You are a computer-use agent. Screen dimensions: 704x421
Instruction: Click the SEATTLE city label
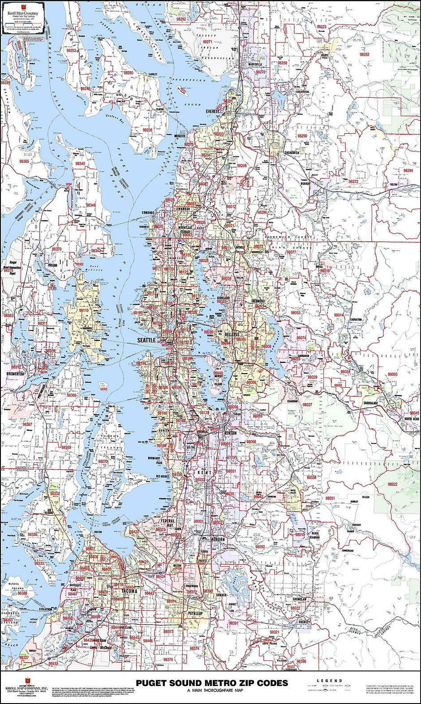[146, 340]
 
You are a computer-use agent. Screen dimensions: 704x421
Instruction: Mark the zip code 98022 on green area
[393, 484]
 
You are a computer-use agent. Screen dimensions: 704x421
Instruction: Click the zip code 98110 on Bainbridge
[84, 310]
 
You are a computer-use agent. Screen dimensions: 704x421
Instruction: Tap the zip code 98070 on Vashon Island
[103, 461]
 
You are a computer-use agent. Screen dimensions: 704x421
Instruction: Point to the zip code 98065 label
[392, 374]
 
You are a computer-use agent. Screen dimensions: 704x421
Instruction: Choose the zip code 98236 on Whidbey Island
[147, 130]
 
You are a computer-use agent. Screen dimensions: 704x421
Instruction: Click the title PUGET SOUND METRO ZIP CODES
[212, 683]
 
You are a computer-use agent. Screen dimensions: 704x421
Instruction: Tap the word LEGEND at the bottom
[329, 681]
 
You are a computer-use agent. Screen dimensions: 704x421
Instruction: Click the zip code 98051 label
[331, 498]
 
